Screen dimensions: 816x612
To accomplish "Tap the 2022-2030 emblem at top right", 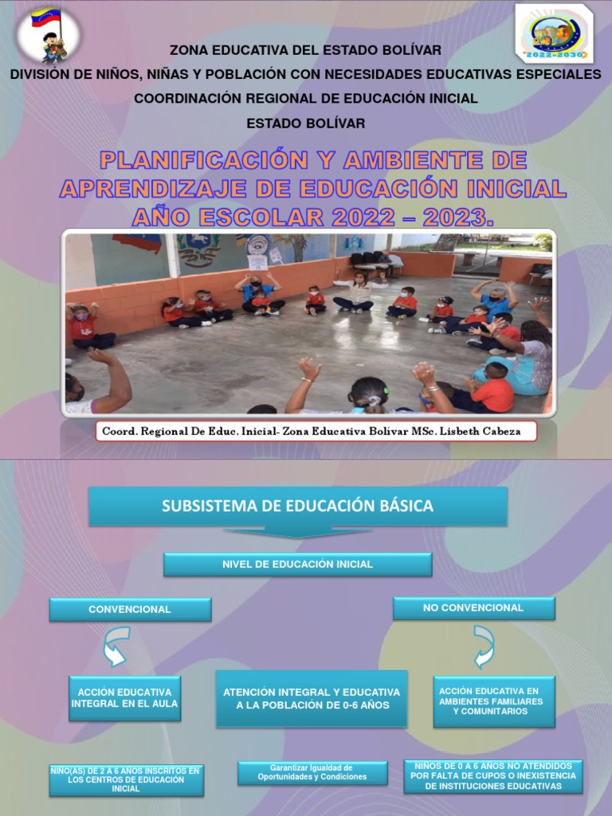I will point(555,33).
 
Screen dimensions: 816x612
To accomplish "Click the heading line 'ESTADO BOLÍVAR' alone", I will point(305,124).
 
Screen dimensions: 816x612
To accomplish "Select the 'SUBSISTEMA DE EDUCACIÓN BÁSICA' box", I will point(298,506).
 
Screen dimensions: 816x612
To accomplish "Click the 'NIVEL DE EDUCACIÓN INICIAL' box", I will point(298,564).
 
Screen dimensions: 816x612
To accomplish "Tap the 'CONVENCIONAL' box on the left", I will point(130,610).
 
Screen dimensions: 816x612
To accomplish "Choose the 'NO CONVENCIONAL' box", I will point(473,608).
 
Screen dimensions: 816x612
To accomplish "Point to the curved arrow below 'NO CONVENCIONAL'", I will point(483,645).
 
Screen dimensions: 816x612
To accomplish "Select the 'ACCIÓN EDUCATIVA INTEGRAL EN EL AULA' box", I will point(124,699).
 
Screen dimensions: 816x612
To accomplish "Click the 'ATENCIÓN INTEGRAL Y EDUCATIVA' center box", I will point(312,699).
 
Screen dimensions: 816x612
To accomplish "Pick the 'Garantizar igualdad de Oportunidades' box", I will point(312,772).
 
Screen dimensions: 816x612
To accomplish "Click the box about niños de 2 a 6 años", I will point(127,779).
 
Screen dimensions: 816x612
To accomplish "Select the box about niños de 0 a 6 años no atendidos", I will point(493,775).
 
